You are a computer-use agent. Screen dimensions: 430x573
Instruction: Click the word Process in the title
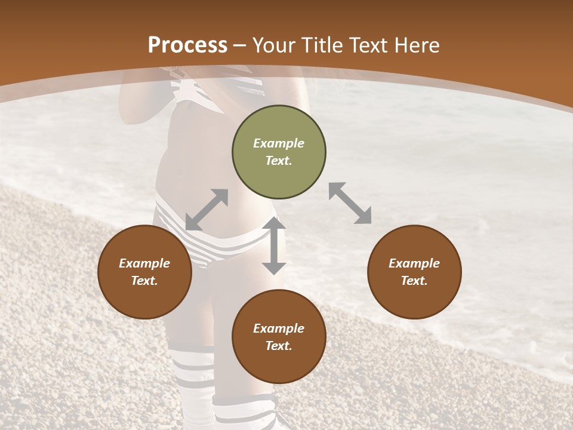[187, 45]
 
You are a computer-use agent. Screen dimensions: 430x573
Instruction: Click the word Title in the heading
[323, 45]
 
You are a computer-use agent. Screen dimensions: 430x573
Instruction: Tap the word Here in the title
[415, 45]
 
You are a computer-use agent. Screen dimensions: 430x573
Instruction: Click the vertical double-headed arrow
[274, 245]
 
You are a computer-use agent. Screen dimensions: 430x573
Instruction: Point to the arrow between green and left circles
[207, 210]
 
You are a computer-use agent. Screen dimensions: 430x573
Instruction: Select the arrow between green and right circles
[350, 203]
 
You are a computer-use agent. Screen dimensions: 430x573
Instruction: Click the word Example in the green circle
[279, 143]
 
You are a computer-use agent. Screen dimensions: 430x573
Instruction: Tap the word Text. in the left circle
[144, 281]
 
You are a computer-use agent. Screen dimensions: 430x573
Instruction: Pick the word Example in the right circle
[414, 263]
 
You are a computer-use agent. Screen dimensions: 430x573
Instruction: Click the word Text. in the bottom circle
[279, 346]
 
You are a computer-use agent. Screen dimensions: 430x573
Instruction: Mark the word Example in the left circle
[144, 263]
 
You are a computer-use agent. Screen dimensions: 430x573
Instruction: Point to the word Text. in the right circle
[414, 281]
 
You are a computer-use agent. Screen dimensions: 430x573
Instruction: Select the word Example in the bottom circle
[279, 328]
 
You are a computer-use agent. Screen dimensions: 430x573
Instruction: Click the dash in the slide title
[240, 45]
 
